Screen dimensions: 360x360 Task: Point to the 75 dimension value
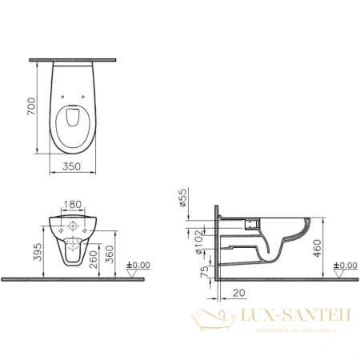coord(203,270)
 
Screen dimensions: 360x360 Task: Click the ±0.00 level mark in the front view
coord(142,263)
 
